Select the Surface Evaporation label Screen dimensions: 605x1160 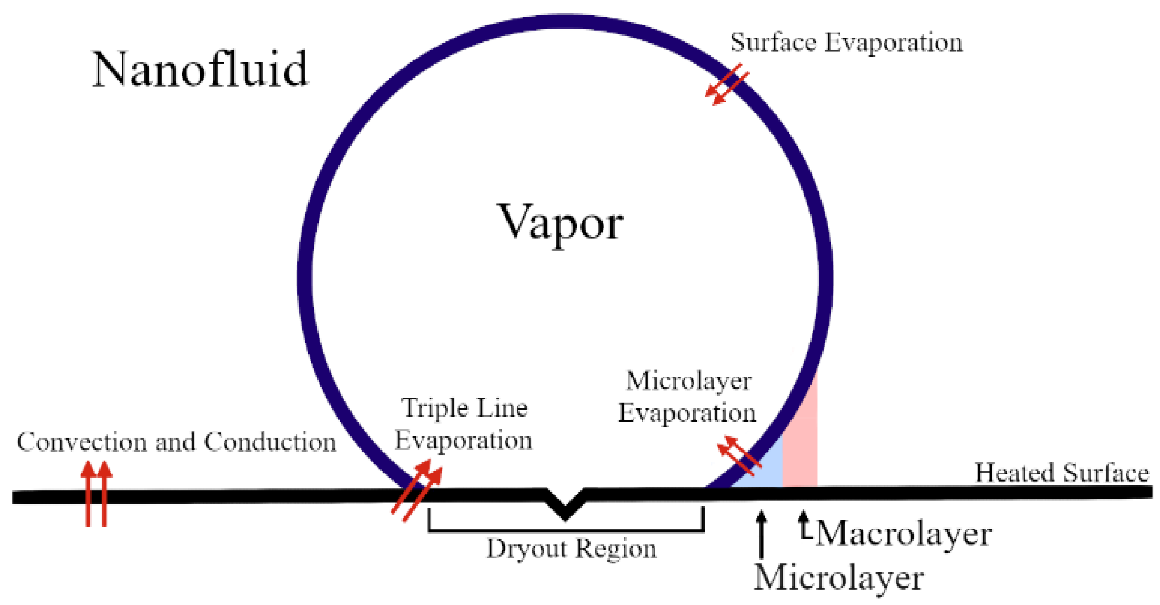point(846,42)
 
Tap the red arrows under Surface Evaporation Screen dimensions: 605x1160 point(727,85)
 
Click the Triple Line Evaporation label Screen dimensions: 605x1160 point(464,423)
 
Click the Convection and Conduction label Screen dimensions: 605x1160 point(177,442)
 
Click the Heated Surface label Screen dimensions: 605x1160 point(1062,473)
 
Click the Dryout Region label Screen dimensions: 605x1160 point(571,549)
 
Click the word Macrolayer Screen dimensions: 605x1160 point(903,534)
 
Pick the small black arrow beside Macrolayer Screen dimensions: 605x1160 point(803,525)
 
